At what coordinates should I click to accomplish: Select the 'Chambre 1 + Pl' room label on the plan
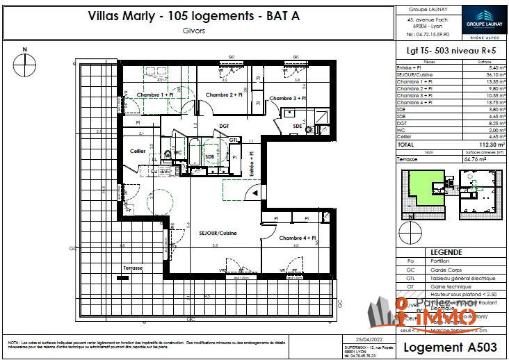point(153,95)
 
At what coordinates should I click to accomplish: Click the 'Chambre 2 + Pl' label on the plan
point(224,95)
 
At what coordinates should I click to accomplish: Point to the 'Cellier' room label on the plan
point(137,151)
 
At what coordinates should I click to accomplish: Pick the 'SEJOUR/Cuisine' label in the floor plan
point(218,233)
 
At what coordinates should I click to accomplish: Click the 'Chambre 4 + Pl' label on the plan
point(298,238)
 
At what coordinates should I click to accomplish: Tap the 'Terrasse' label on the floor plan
point(132,268)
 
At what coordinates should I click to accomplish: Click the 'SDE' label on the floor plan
point(298,126)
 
